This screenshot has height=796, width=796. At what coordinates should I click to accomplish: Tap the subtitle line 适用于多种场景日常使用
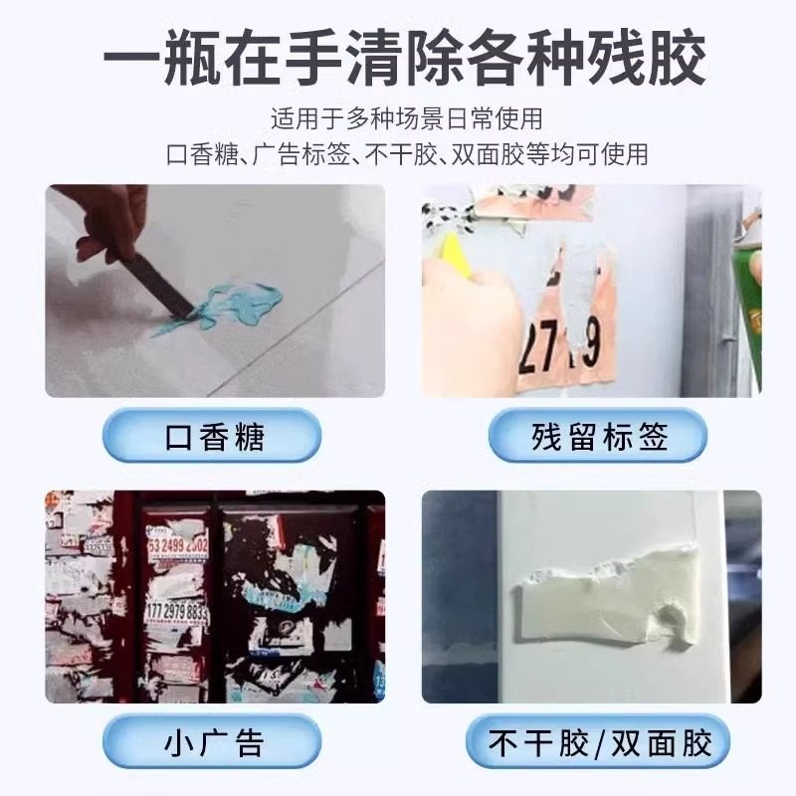pos(407,119)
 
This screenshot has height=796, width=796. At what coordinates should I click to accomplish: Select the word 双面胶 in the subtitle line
pos(492,155)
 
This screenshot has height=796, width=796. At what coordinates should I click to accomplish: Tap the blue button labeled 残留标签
pos(597,437)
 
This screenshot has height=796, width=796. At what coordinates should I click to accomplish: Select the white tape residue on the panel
pos(597,607)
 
